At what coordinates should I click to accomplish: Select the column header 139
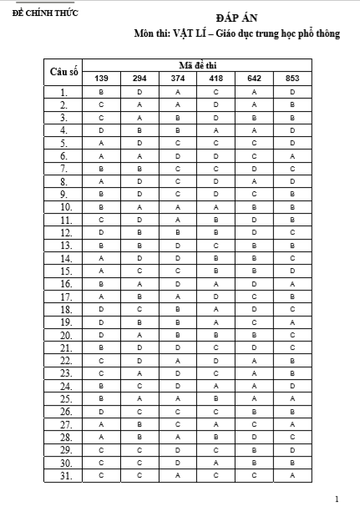[x=100, y=78]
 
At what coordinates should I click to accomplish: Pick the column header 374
[x=178, y=78]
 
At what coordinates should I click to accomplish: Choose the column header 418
[x=215, y=78]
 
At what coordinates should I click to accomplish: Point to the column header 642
[x=254, y=78]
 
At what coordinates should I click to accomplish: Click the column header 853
[x=292, y=78]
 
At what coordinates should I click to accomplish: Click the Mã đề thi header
[x=197, y=65]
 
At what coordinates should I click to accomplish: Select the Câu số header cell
[x=63, y=72]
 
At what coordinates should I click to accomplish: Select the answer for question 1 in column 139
[x=100, y=91]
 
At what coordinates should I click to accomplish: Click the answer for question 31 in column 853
[x=292, y=476]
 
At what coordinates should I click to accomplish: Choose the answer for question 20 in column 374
[x=178, y=335]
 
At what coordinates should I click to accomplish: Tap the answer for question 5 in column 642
[x=254, y=143]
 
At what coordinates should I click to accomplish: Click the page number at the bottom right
[x=337, y=499]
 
